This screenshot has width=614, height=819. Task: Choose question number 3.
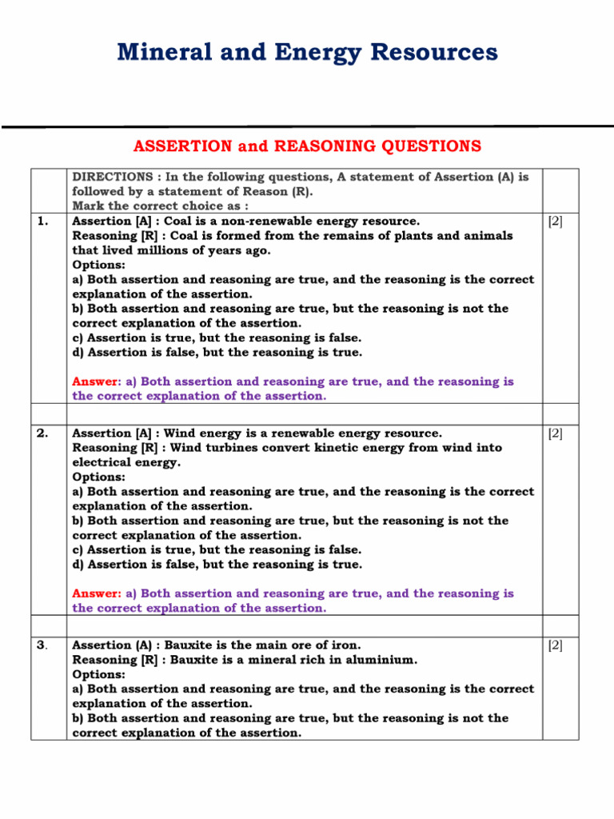click(42, 645)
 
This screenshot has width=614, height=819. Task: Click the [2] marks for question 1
click(555, 222)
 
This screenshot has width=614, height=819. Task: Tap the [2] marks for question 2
click(555, 433)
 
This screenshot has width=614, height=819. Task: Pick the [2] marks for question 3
click(555, 645)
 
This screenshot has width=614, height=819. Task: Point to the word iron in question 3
click(345, 645)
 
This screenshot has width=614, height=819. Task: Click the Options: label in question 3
click(98, 674)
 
